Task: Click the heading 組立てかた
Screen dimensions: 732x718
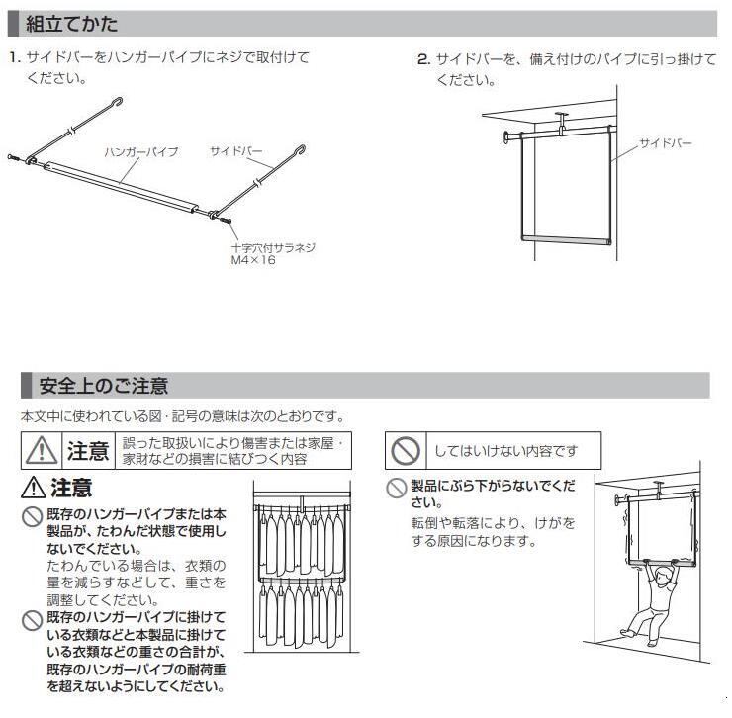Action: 71,23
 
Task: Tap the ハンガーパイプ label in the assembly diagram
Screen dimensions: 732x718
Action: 141,152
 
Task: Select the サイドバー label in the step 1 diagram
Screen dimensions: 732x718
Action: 236,151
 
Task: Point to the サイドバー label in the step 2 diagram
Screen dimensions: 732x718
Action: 665,144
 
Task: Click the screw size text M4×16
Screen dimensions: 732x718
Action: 252,259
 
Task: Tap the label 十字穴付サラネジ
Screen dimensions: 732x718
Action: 272,247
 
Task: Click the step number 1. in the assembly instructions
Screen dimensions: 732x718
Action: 14,59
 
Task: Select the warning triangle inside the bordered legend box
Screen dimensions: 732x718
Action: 42,451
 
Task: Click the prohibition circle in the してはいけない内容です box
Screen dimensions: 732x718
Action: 407,452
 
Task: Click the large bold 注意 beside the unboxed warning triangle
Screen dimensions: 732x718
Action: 71,488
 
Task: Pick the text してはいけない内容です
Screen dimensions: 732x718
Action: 505,452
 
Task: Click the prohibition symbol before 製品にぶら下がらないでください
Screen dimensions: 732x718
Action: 397,487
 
